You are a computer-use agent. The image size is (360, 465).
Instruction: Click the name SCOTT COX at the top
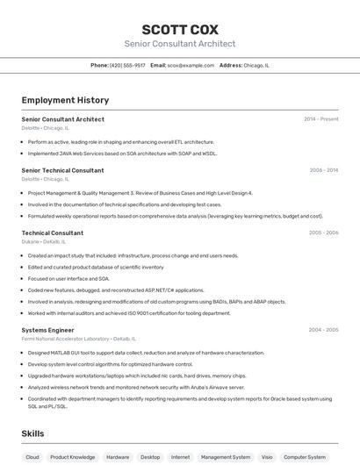click(180, 29)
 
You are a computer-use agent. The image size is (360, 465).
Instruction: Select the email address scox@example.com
click(191, 65)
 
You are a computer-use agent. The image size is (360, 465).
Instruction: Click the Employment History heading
click(65, 100)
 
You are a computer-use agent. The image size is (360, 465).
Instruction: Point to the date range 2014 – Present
click(320, 119)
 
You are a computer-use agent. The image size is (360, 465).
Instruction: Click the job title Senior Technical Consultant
click(62, 170)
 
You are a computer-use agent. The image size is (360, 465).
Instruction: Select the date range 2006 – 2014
click(323, 170)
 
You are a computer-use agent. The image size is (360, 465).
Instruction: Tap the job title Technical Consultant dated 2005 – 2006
click(52, 232)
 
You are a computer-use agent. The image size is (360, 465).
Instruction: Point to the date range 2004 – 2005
click(323, 330)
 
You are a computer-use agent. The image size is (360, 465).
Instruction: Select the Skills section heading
click(32, 433)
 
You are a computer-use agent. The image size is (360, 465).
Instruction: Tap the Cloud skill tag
click(32, 457)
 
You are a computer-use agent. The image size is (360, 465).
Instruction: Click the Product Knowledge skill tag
click(73, 457)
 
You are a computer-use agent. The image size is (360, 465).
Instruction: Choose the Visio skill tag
click(267, 457)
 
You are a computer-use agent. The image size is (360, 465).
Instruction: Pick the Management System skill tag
click(226, 457)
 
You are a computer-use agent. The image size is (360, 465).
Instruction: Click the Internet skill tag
click(180, 457)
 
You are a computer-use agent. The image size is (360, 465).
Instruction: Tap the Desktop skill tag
click(150, 457)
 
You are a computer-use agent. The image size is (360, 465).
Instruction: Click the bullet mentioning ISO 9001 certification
click(129, 313)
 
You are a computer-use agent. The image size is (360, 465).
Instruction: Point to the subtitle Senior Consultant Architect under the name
click(180, 44)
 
